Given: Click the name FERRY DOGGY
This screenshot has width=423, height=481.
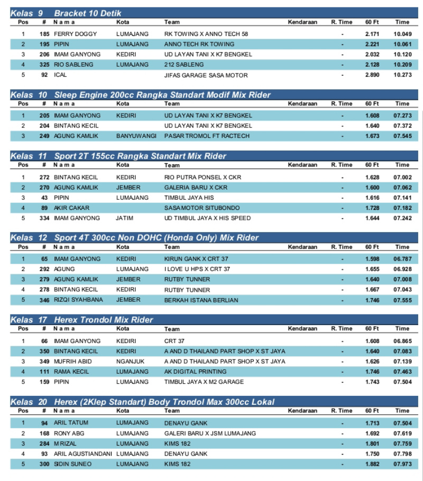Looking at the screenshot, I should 75,34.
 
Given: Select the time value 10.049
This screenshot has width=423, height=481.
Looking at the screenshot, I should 402,34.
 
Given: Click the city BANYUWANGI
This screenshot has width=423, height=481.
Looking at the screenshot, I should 136,136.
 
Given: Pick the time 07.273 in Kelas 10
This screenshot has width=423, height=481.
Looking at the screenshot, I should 402,115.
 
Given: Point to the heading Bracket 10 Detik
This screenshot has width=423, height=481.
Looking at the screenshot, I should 88,13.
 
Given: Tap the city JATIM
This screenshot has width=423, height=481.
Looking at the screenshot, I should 125,218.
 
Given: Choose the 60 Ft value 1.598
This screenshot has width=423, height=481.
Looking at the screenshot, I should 372,259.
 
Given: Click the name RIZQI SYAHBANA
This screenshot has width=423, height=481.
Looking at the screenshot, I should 78,300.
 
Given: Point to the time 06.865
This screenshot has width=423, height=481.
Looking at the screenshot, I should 402,341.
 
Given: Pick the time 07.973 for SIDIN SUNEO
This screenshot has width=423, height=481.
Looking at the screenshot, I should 402,464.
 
